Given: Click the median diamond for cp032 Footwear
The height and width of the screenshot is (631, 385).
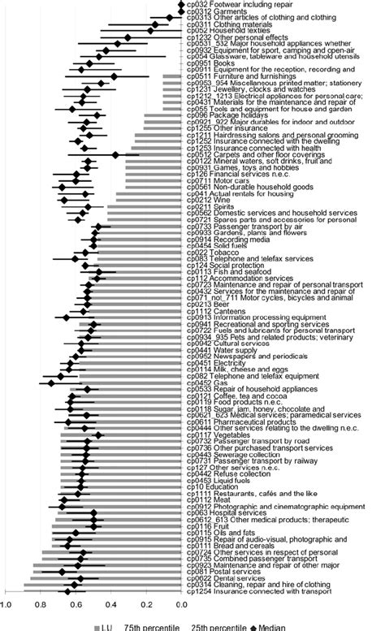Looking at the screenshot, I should (182, 4).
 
